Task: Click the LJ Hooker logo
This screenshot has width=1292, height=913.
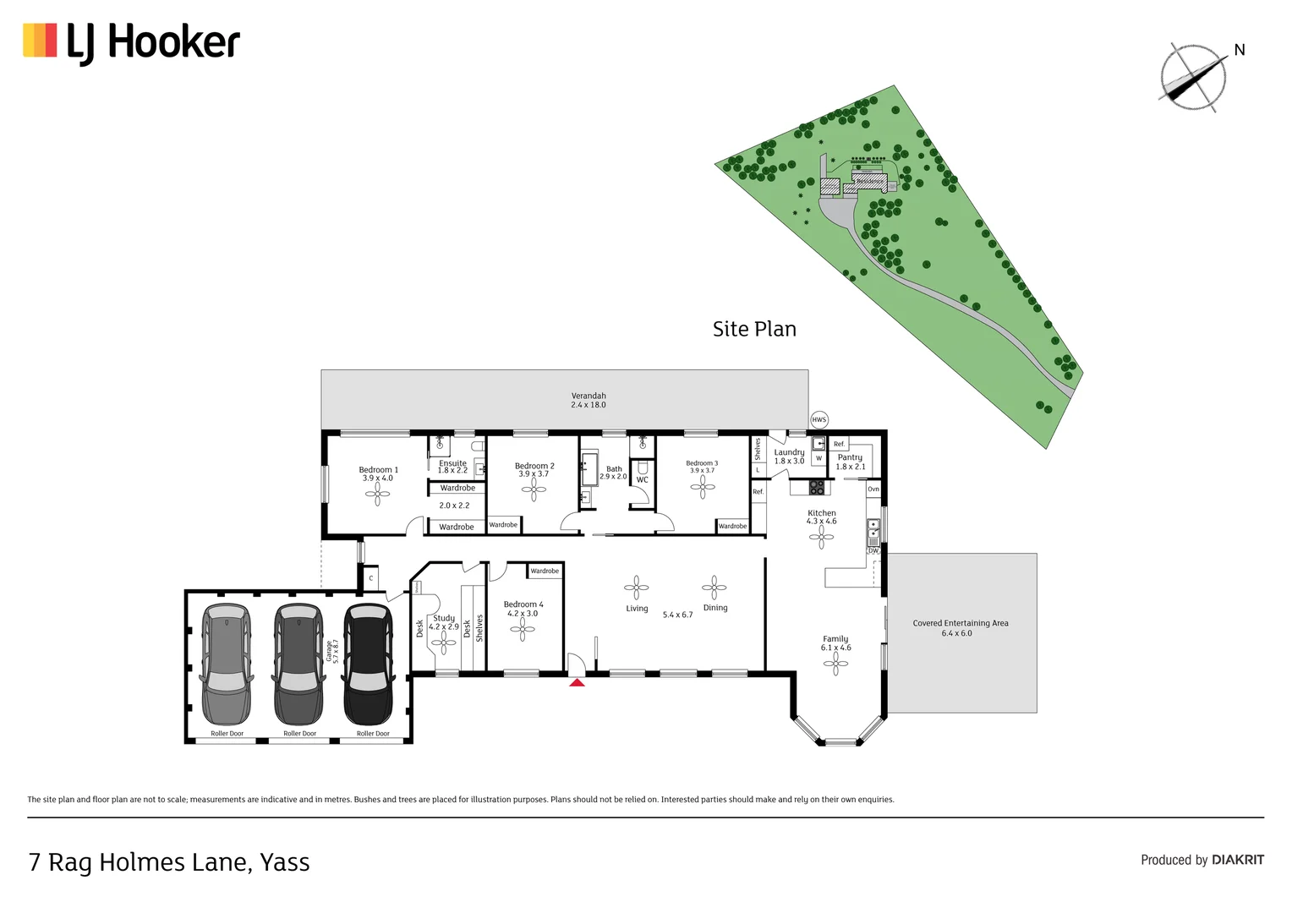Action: coord(131,42)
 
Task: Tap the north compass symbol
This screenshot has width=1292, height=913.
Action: coord(1193,77)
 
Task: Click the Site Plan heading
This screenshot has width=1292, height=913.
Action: coord(754,329)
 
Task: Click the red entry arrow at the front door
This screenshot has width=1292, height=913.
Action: coord(577,681)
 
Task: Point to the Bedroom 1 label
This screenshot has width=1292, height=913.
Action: coord(378,470)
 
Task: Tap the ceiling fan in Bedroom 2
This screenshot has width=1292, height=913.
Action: coord(534,489)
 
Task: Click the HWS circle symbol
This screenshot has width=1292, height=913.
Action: coord(818,420)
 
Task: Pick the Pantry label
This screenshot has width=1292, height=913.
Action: coord(850,457)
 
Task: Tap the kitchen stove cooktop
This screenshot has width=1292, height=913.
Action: coord(817,487)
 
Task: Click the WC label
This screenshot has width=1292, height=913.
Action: coord(642,480)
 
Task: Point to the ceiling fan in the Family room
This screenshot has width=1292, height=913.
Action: coord(835,664)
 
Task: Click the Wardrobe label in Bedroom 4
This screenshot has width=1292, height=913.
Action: coord(545,571)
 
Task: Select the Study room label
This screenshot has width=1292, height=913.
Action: coord(444,618)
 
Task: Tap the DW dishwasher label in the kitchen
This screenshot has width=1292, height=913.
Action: coord(873,551)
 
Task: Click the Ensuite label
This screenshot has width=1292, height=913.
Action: coord(452,462)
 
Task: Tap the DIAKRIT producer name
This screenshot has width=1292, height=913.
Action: coord(1237,860)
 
